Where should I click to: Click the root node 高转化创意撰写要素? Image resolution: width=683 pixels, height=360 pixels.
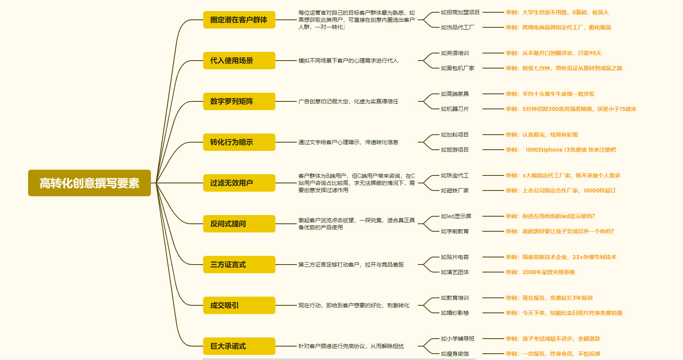[89, 183]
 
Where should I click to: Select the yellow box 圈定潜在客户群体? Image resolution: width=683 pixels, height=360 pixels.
[239, 20]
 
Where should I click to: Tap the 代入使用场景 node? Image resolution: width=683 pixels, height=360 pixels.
[239, 61]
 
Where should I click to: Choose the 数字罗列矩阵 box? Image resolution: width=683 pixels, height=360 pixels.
[239, 101]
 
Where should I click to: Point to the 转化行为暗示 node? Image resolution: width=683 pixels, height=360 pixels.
[239, 142]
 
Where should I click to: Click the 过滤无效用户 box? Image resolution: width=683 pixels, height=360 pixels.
[239, 183]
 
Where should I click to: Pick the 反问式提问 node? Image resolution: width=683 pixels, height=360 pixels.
[239, 224]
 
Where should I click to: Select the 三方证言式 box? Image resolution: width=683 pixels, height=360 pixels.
[239, 265]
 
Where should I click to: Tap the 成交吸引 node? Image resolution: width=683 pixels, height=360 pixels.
[239, 305]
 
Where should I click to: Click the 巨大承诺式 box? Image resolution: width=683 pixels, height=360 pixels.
[239, 346]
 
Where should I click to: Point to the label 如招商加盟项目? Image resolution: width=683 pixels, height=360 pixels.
[460, 12]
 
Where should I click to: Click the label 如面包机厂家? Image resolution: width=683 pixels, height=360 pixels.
[457, 68]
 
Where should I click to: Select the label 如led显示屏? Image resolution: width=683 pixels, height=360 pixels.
[456, 216]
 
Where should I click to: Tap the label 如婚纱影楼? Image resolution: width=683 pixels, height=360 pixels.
[454, 313]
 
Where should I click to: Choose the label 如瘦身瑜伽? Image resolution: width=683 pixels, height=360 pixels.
[454, 354]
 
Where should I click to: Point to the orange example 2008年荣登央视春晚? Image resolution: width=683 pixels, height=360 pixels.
[548, 272]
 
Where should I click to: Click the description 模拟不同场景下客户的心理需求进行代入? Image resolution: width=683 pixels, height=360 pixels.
[348, 61]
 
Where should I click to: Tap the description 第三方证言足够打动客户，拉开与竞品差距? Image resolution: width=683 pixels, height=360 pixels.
[351, 265]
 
